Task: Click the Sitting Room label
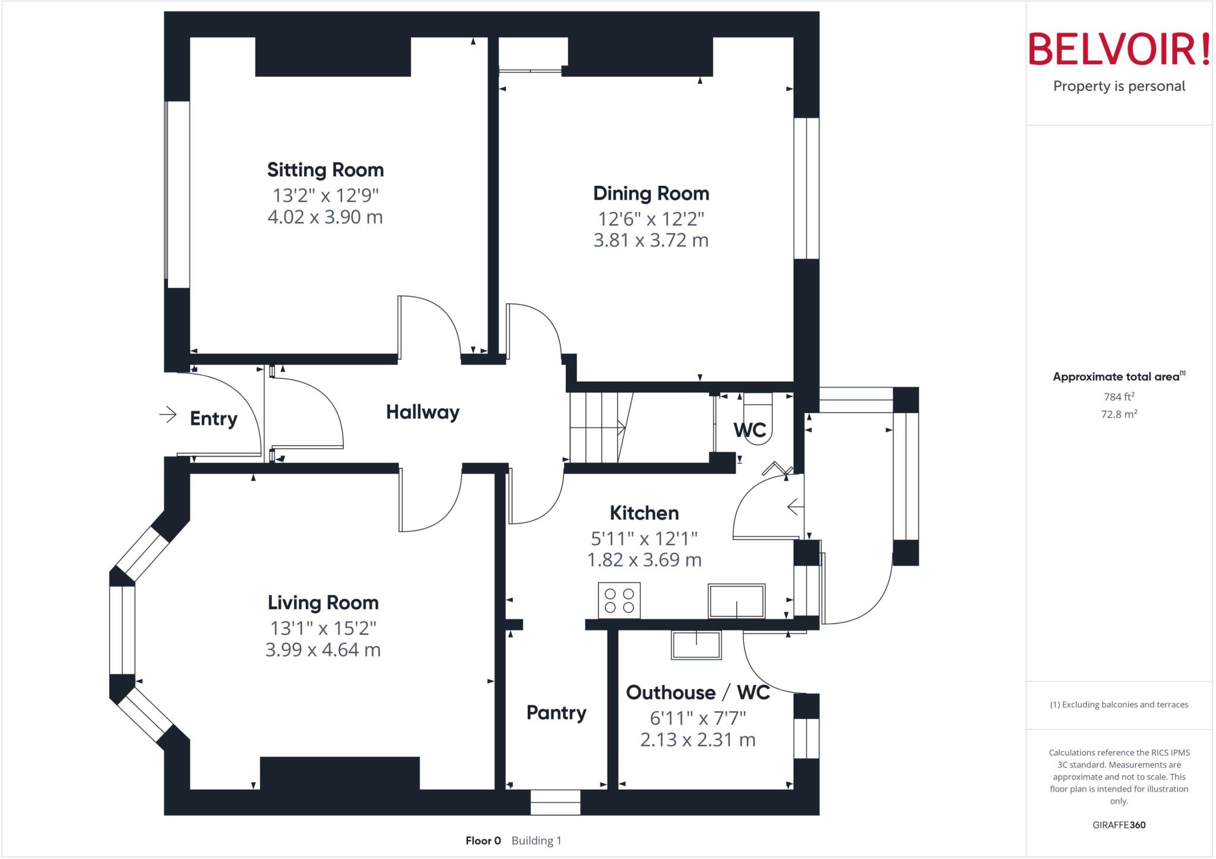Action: pos(325,170)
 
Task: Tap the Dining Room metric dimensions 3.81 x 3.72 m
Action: pos(651,240)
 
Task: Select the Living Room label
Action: pos(323,603)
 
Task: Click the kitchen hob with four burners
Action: pos(619,600)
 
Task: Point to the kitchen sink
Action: pos(736,601)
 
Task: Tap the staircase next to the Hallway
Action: pos(600,427)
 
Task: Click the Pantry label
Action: pos(556,712)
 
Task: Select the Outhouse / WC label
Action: pos(698,693)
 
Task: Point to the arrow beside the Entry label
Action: pos(168,414)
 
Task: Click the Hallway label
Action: pos(423,412)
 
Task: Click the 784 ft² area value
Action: pos(1119,397)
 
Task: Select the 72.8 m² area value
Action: pos(1119,414)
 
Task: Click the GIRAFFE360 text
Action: pos(1119,825)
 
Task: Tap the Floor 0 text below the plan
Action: pos(483,841)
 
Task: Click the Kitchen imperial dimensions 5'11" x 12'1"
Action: pos(644,538)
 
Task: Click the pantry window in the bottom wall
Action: pos(555,803)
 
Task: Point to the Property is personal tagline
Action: pos(1119,87)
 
